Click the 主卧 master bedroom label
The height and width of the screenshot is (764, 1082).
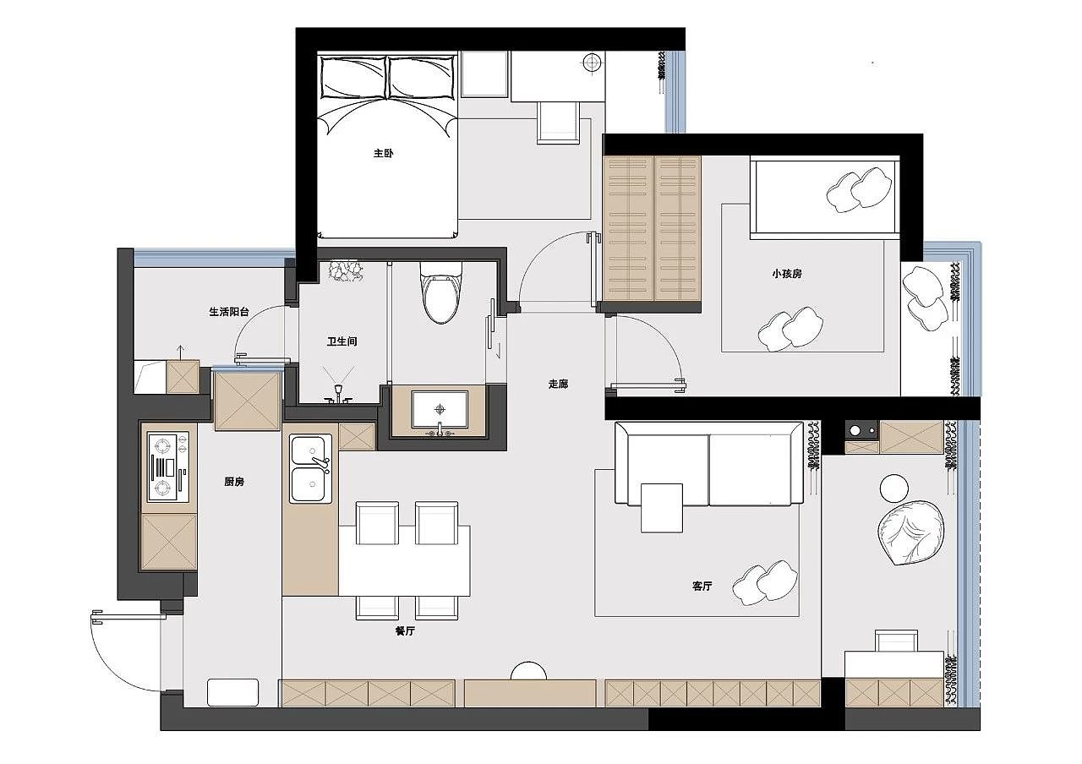coord(384,154)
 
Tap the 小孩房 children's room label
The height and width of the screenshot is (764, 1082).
coord(786,274)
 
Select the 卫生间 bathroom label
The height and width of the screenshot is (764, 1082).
coord(342,341)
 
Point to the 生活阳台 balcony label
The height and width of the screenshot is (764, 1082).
coord(229,312)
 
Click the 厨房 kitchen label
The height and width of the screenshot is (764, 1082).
coord(235,482)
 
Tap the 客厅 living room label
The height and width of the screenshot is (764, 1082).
coord(702,586)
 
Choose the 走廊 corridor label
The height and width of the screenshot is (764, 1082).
coord(558,384)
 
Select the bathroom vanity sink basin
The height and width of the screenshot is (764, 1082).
coord(440,410)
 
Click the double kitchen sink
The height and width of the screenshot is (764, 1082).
coord(310,468)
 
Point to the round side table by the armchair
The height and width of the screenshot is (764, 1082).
coord(893,488)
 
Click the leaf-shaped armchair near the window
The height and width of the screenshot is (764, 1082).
coord(910,533)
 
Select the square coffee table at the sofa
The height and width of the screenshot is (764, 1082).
coord(661,508)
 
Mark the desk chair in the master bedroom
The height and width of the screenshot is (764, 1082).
coord(557,122)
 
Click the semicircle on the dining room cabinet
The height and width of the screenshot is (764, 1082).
coord(529,671)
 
